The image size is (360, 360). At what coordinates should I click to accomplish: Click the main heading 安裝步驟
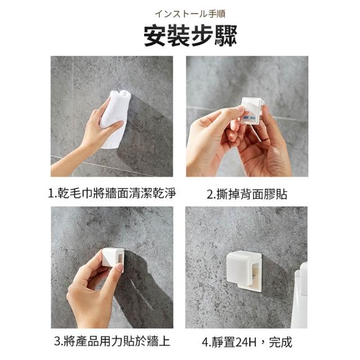click(x=190, y=37)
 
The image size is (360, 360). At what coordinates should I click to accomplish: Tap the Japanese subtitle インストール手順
click(x=190, y=14)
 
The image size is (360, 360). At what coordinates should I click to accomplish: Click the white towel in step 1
click(x=115, y=118)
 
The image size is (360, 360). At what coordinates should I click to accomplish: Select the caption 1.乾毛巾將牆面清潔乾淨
click(x=112, y=193)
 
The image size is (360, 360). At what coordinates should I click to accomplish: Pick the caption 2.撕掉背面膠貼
click(x=247, y=194)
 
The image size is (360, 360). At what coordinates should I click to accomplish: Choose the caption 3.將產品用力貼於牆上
click(x=112, y=341)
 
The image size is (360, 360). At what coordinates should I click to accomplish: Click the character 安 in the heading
click(x=155, y=37)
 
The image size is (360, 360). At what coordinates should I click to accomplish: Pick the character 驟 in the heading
click(x=226, y=37)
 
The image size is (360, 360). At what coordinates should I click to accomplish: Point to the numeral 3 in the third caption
click(x=57, y=341)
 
